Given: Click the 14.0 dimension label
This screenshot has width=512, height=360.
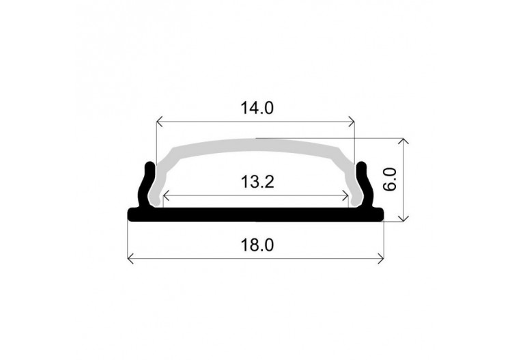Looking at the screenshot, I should tap(256, 108).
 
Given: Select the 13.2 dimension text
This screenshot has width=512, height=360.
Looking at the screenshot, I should tap(257, 182).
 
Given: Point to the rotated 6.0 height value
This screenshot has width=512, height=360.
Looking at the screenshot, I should tap(390, 179).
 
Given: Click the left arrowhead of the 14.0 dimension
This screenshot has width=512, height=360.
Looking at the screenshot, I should tap(160, 122).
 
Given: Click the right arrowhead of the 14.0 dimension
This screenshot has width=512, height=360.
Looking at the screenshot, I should tap(352, 122).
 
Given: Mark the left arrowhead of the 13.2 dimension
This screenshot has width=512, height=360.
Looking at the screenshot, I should tap(166, 196).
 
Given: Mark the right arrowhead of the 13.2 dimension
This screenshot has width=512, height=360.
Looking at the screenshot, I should tap(347, 196).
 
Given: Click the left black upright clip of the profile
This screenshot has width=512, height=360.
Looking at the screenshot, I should tap(146, 184).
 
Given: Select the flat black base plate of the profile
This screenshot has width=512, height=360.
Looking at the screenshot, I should tap(256, 214).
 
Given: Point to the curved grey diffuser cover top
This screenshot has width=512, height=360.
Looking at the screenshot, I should tap(256, 145).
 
